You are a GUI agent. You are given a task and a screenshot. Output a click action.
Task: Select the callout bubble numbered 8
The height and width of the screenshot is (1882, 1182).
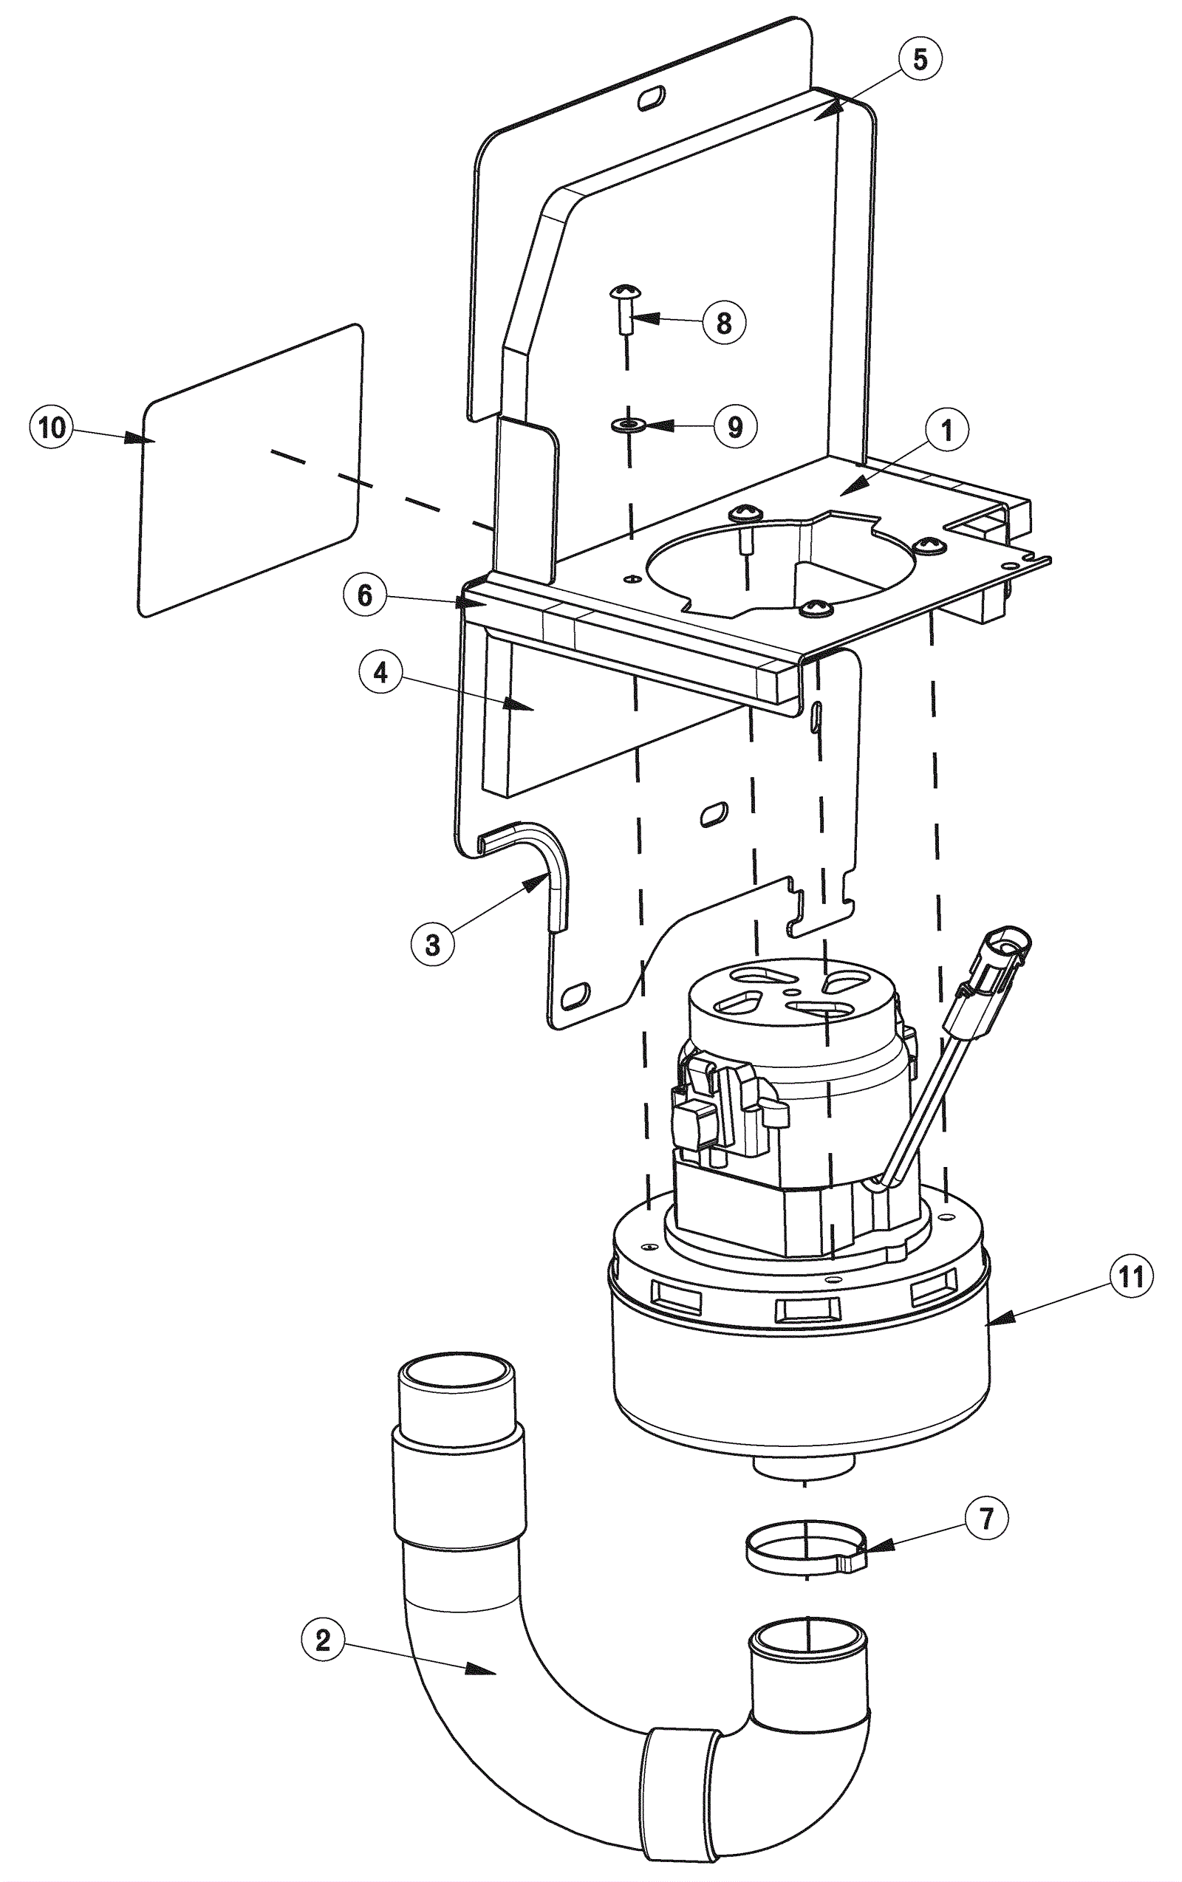pos(724,321)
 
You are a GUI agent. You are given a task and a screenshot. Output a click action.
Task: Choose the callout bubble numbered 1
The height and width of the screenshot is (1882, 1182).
pos(946,430)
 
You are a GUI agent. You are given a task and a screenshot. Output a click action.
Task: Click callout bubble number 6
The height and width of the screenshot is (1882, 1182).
pos(365,595)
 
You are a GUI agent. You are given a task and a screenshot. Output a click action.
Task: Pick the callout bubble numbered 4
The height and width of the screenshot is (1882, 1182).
pos(380,673)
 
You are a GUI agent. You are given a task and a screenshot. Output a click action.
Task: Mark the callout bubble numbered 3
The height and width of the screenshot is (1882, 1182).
pos(432,945)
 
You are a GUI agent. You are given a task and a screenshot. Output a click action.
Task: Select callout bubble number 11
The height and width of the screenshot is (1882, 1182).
pos(1130,1277)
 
